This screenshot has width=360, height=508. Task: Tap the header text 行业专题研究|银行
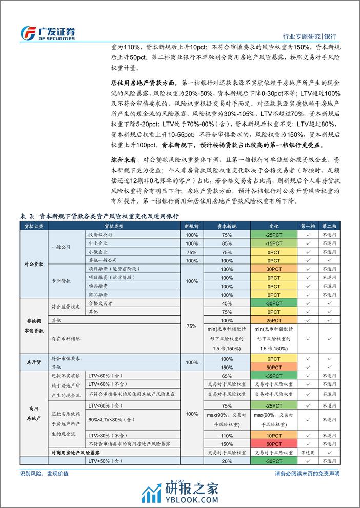coord(310,36)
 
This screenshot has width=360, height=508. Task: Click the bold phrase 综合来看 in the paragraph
coord(125,160)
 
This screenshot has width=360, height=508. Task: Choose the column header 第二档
coord(330,226)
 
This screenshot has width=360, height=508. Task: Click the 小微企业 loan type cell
coord(97,252)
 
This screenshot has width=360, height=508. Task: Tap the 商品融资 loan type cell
coord(97,295)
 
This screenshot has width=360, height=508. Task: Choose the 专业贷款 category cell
coord(64,282)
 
